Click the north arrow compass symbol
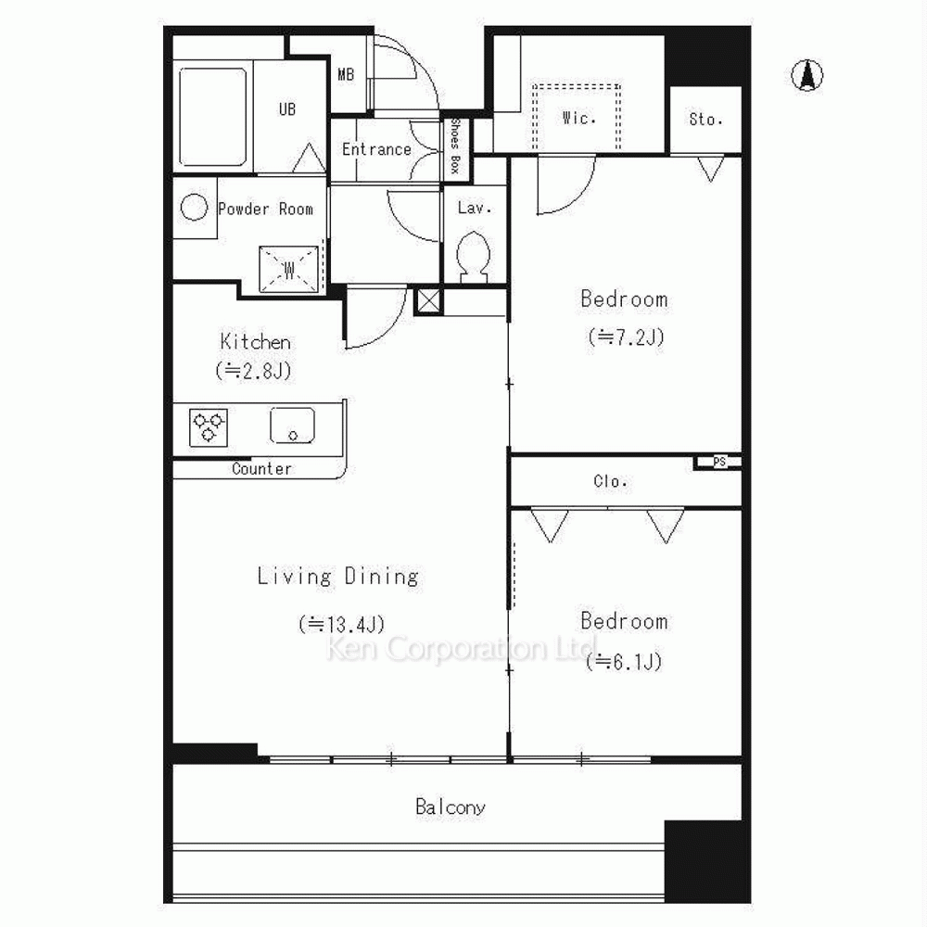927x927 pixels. tap(807, 75)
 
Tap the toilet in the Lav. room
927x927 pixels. tap(473, 257)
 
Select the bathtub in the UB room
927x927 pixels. tap(212, 117)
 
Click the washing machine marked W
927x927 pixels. tap(289, 270)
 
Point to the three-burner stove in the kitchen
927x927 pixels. tap(208, 426)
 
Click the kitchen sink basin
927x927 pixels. tap(292, 425)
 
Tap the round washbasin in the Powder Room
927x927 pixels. tap(194, 208)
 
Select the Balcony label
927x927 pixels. tap(451, 807)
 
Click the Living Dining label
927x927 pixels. tap(338, 576)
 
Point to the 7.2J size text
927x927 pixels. tap(626, 337)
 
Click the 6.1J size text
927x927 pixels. tap(624, 662)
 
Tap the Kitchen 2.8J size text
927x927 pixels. tap(254, 371)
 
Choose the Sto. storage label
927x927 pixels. tap(705, 120)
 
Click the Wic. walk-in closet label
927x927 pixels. tap(578, 119)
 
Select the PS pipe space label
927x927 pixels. tap(719, 462)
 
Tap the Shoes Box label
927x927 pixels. tap(456, 146)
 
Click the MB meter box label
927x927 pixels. tap(346, 74)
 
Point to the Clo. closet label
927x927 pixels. tap(610, 481)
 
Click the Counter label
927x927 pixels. tap(262, 469)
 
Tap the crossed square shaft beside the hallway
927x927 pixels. tap(428, 300)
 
